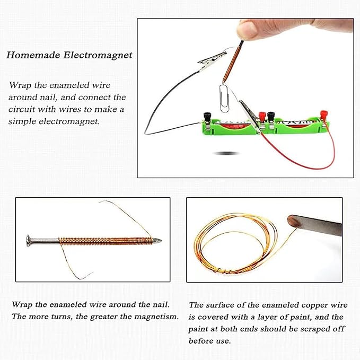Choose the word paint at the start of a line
pyautogui.click(x=199, y=329)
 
